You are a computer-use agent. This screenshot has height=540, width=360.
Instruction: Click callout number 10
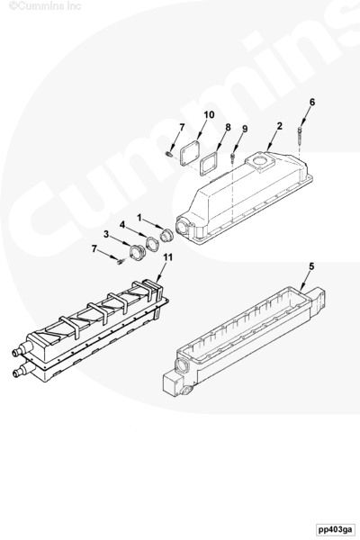(x=209, y=114)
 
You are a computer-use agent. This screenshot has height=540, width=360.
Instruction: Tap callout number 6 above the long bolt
(x=312, y=102)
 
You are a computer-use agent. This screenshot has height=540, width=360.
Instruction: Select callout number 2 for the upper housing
(x=279, y=126)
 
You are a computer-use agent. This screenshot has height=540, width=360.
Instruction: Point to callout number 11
(x=167, y=257)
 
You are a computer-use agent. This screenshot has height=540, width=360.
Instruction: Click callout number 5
(x=311, y=266)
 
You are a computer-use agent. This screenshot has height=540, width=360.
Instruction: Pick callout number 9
(x=245, y=129)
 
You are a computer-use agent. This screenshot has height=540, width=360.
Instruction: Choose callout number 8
(x=228, y=127)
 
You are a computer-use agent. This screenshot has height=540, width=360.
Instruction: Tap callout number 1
(x=139, y=217)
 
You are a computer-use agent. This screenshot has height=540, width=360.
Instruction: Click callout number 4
(x=122, y=224)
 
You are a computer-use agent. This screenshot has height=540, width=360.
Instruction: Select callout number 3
(x=106, y=234)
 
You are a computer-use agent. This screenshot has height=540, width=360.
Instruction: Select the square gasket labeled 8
(x=209, y=164)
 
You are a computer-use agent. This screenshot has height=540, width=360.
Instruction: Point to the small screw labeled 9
(x=233, y=158)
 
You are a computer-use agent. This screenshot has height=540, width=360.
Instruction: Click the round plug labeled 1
(x=167, y=235)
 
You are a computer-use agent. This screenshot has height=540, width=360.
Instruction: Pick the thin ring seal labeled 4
(x=152, y=244)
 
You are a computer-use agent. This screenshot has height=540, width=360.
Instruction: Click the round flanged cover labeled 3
(x=138, y=252)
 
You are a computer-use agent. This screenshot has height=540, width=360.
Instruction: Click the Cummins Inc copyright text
(x=44, y=5)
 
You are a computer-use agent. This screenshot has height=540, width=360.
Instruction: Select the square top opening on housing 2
(x=259, y=162)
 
